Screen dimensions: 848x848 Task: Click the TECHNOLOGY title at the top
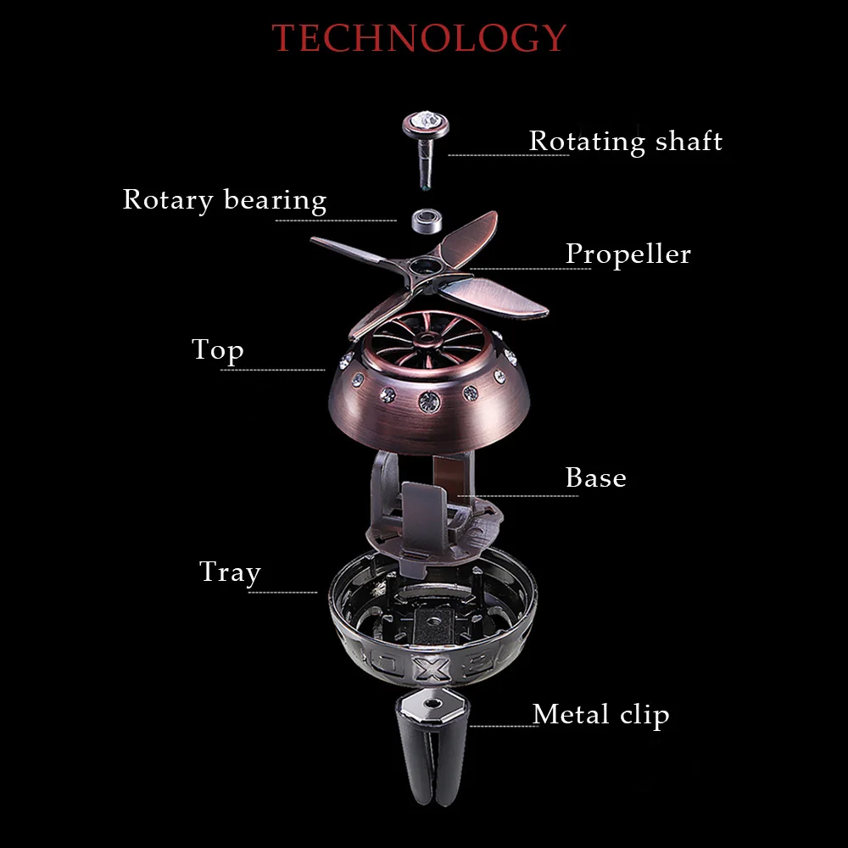tap(419, 38)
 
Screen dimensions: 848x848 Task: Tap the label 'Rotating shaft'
tap(625, 141)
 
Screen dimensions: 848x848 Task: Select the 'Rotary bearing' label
tap(225, 200)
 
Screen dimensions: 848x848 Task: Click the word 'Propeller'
tap(628, 254)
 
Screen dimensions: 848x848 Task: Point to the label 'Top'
tap(217, 349)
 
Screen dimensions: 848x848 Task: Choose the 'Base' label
tap(595, 477)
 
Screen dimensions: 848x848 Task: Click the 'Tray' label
tap(229, 572)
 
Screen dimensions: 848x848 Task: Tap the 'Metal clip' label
tap(600, 714)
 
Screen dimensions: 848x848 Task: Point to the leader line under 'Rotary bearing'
tap(336, 220)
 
